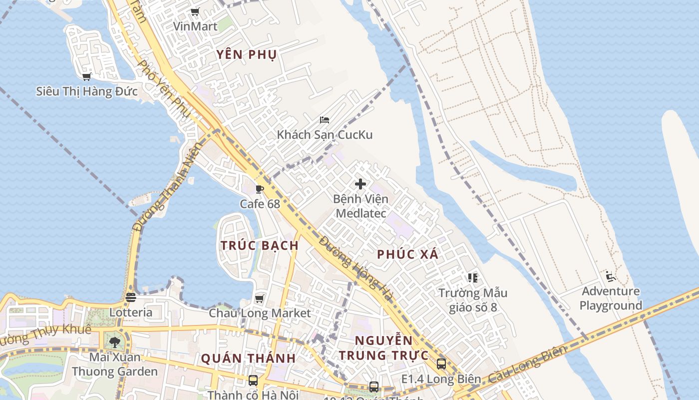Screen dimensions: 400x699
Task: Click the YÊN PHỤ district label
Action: coord(247,54)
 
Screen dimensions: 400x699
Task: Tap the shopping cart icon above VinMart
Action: coord(195,12)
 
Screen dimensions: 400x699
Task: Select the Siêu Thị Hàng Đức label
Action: coord(86,91)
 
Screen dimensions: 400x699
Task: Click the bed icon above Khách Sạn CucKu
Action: coord(325,120)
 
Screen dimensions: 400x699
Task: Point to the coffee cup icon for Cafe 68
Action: coord(259,189)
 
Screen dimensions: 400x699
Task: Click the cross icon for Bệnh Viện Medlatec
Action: coord(360,184)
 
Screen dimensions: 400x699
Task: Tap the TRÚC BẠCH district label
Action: coord(260,245)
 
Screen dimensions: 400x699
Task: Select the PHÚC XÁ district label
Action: coord(407,254)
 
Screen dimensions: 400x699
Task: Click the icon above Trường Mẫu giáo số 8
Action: coord(472,277)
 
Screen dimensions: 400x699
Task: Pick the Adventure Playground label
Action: coord(611,298)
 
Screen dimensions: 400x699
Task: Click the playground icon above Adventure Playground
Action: coord(610,276)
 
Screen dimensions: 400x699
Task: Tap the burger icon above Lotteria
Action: coord(131,297)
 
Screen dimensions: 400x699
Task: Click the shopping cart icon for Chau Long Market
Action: coord(259,298)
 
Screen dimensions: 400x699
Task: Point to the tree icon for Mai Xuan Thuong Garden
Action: coord(115,342)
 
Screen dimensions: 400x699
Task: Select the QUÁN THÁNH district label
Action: coord(248,358)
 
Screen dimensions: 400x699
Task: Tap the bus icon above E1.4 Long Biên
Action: coord(441,364)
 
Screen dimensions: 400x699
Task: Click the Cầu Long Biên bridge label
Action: coord(527,363)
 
